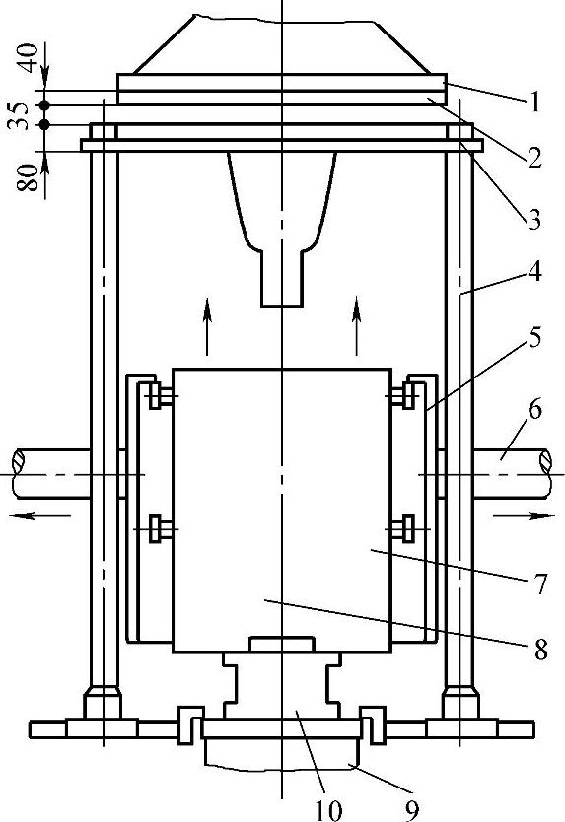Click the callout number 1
click(x=534, y=103)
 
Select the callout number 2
click(x=534, y=158)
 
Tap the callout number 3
click(x=534, y=220)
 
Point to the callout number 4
click(x=534, y=272)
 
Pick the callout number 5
click(x=534, y=338)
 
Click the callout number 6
click(x=534, y=409)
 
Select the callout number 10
click(x=329, y=810)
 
